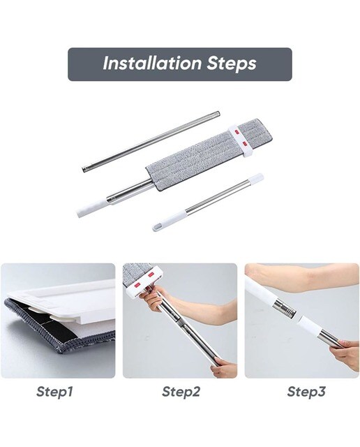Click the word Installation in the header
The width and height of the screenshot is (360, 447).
coord(152,64)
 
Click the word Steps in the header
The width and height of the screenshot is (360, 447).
coord(231,64)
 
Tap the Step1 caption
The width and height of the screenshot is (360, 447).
coord(54,391)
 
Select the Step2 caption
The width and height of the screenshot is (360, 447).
coord(181,391)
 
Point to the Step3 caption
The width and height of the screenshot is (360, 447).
coord(306,391)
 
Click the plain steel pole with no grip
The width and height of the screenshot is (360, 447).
coord(151,142)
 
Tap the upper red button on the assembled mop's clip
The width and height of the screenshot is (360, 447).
coord(237,132)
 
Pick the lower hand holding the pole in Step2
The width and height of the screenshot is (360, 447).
coord(223,368)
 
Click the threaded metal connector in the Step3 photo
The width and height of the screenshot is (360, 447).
coord(284,309)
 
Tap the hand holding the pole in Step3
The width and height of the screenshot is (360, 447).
coord(345,354)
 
